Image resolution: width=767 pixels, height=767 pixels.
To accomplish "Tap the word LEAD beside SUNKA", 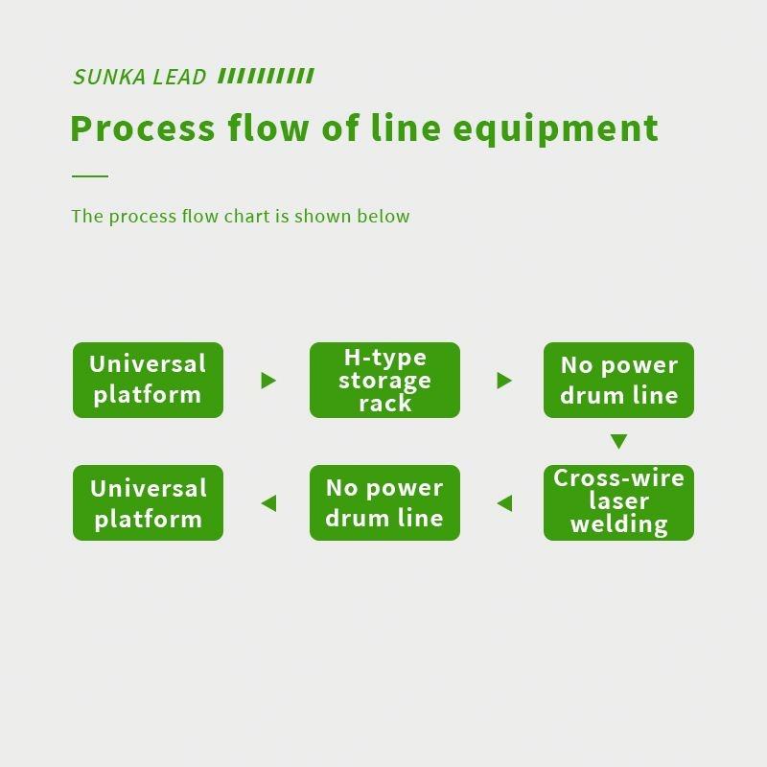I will [179, 78].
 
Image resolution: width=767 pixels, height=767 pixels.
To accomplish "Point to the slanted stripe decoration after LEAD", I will [266, 77].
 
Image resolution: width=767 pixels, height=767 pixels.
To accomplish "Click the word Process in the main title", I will [143, 128].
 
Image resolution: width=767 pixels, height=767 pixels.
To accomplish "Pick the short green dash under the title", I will [90, 176].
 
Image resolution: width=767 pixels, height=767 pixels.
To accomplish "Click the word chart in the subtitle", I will [246, 216].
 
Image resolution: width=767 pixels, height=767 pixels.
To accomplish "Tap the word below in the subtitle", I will [383, 216].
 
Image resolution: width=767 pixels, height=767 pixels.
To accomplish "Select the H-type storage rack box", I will [384, 381].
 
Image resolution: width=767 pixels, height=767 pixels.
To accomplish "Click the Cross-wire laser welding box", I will [618, 502].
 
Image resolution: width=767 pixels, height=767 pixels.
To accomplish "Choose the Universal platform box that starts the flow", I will [148, 381].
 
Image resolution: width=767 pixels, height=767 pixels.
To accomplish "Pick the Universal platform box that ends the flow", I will [148, 502].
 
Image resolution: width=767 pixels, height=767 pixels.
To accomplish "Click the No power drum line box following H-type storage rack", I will [618, 381].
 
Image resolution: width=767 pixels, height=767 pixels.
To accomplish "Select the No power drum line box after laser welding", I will [384, 502].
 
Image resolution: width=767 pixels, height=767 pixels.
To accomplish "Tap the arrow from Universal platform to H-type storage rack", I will [268, 381].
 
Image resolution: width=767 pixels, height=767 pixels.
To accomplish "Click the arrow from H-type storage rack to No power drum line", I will [504, 381].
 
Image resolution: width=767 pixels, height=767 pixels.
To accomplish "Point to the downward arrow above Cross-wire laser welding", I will [618, 442].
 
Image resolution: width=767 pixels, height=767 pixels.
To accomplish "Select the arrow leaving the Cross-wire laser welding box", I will [504, 502].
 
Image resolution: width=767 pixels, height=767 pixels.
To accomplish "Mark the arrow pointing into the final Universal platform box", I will [268, 502].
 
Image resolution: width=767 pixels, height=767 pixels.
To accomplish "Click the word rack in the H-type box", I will [384, 404].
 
